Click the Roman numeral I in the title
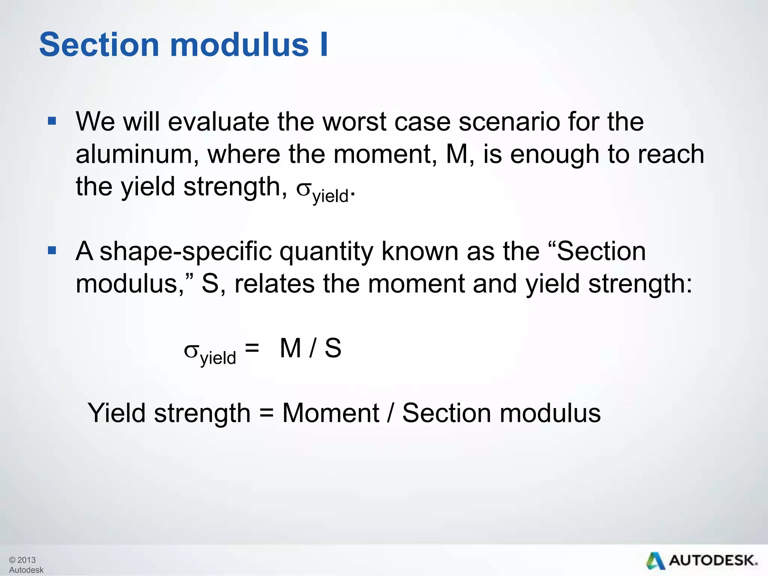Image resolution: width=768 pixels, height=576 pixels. click(x=324, y=45)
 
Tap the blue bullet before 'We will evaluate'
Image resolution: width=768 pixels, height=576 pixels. click(x=52, y=121)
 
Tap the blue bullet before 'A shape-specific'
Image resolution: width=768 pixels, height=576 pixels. click(x=52, y=250)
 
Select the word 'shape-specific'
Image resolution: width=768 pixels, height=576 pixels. click(x=186, y=252)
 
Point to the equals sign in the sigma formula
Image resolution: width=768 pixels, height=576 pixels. click(x=252, y=348)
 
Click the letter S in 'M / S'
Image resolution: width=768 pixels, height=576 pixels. click(x=333, y=348)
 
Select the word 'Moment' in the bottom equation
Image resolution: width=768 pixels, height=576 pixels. click(x=331, y=413)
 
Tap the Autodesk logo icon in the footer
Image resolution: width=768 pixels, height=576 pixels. click(x=655, y=561)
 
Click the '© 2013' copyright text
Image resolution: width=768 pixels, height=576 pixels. click(x=22, y=560)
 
